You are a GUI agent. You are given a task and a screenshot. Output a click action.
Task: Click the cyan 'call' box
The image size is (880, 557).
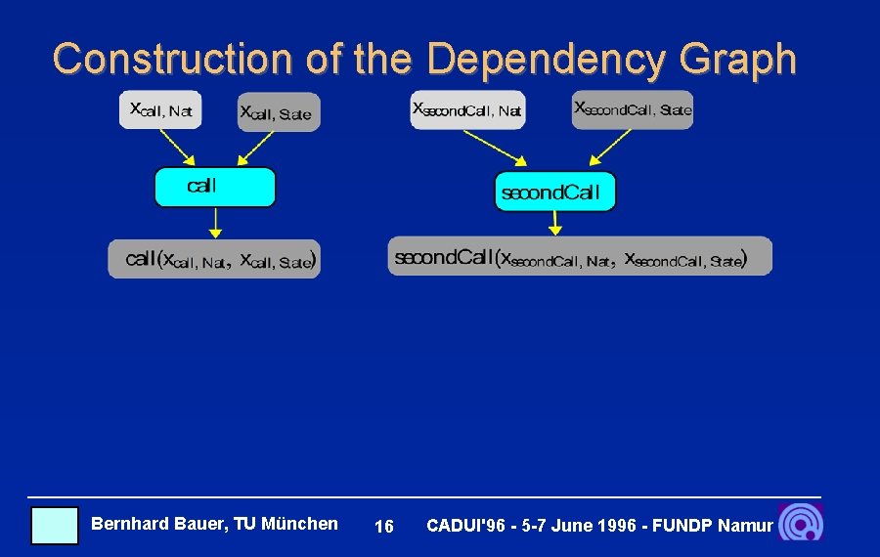pyautogui.click(x=215, y=187)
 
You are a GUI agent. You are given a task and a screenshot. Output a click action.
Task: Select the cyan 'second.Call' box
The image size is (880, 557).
pyautogui.click(x=555, y=192)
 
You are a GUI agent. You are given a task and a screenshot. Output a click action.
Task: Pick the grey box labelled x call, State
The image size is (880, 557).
pyautogui.click(x=279, y=113)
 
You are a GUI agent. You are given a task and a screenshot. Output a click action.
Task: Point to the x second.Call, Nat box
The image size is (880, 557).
pyautogui.click(x=467, y=109)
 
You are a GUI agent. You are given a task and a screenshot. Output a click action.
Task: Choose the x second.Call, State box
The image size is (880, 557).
pyautogui.click(x=633, y=109)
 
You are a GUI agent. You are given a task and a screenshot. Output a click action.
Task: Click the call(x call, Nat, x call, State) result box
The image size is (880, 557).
pyautogui.click(x=214, y=259)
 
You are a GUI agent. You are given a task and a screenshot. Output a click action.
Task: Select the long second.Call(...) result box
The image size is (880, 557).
pyautogui.click(x=580, y=256)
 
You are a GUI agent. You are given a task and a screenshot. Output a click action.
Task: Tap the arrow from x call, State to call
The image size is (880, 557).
pyautogui.click(x=254, y=149)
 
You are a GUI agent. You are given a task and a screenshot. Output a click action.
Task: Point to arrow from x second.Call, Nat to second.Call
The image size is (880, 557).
pyautogui.click(x=494, y=148)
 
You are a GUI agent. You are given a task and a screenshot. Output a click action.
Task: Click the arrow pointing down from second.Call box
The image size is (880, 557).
pyautogui.click(x=555, y=223)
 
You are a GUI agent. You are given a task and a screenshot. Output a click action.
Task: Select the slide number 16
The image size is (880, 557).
pyautogui.click(x=384, y=527)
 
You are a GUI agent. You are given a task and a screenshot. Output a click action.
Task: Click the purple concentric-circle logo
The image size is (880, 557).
pyautogui.click(x=801, y=523)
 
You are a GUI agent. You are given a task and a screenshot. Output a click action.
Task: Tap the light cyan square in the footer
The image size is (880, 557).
pyautogui.click(x=54, y=525)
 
